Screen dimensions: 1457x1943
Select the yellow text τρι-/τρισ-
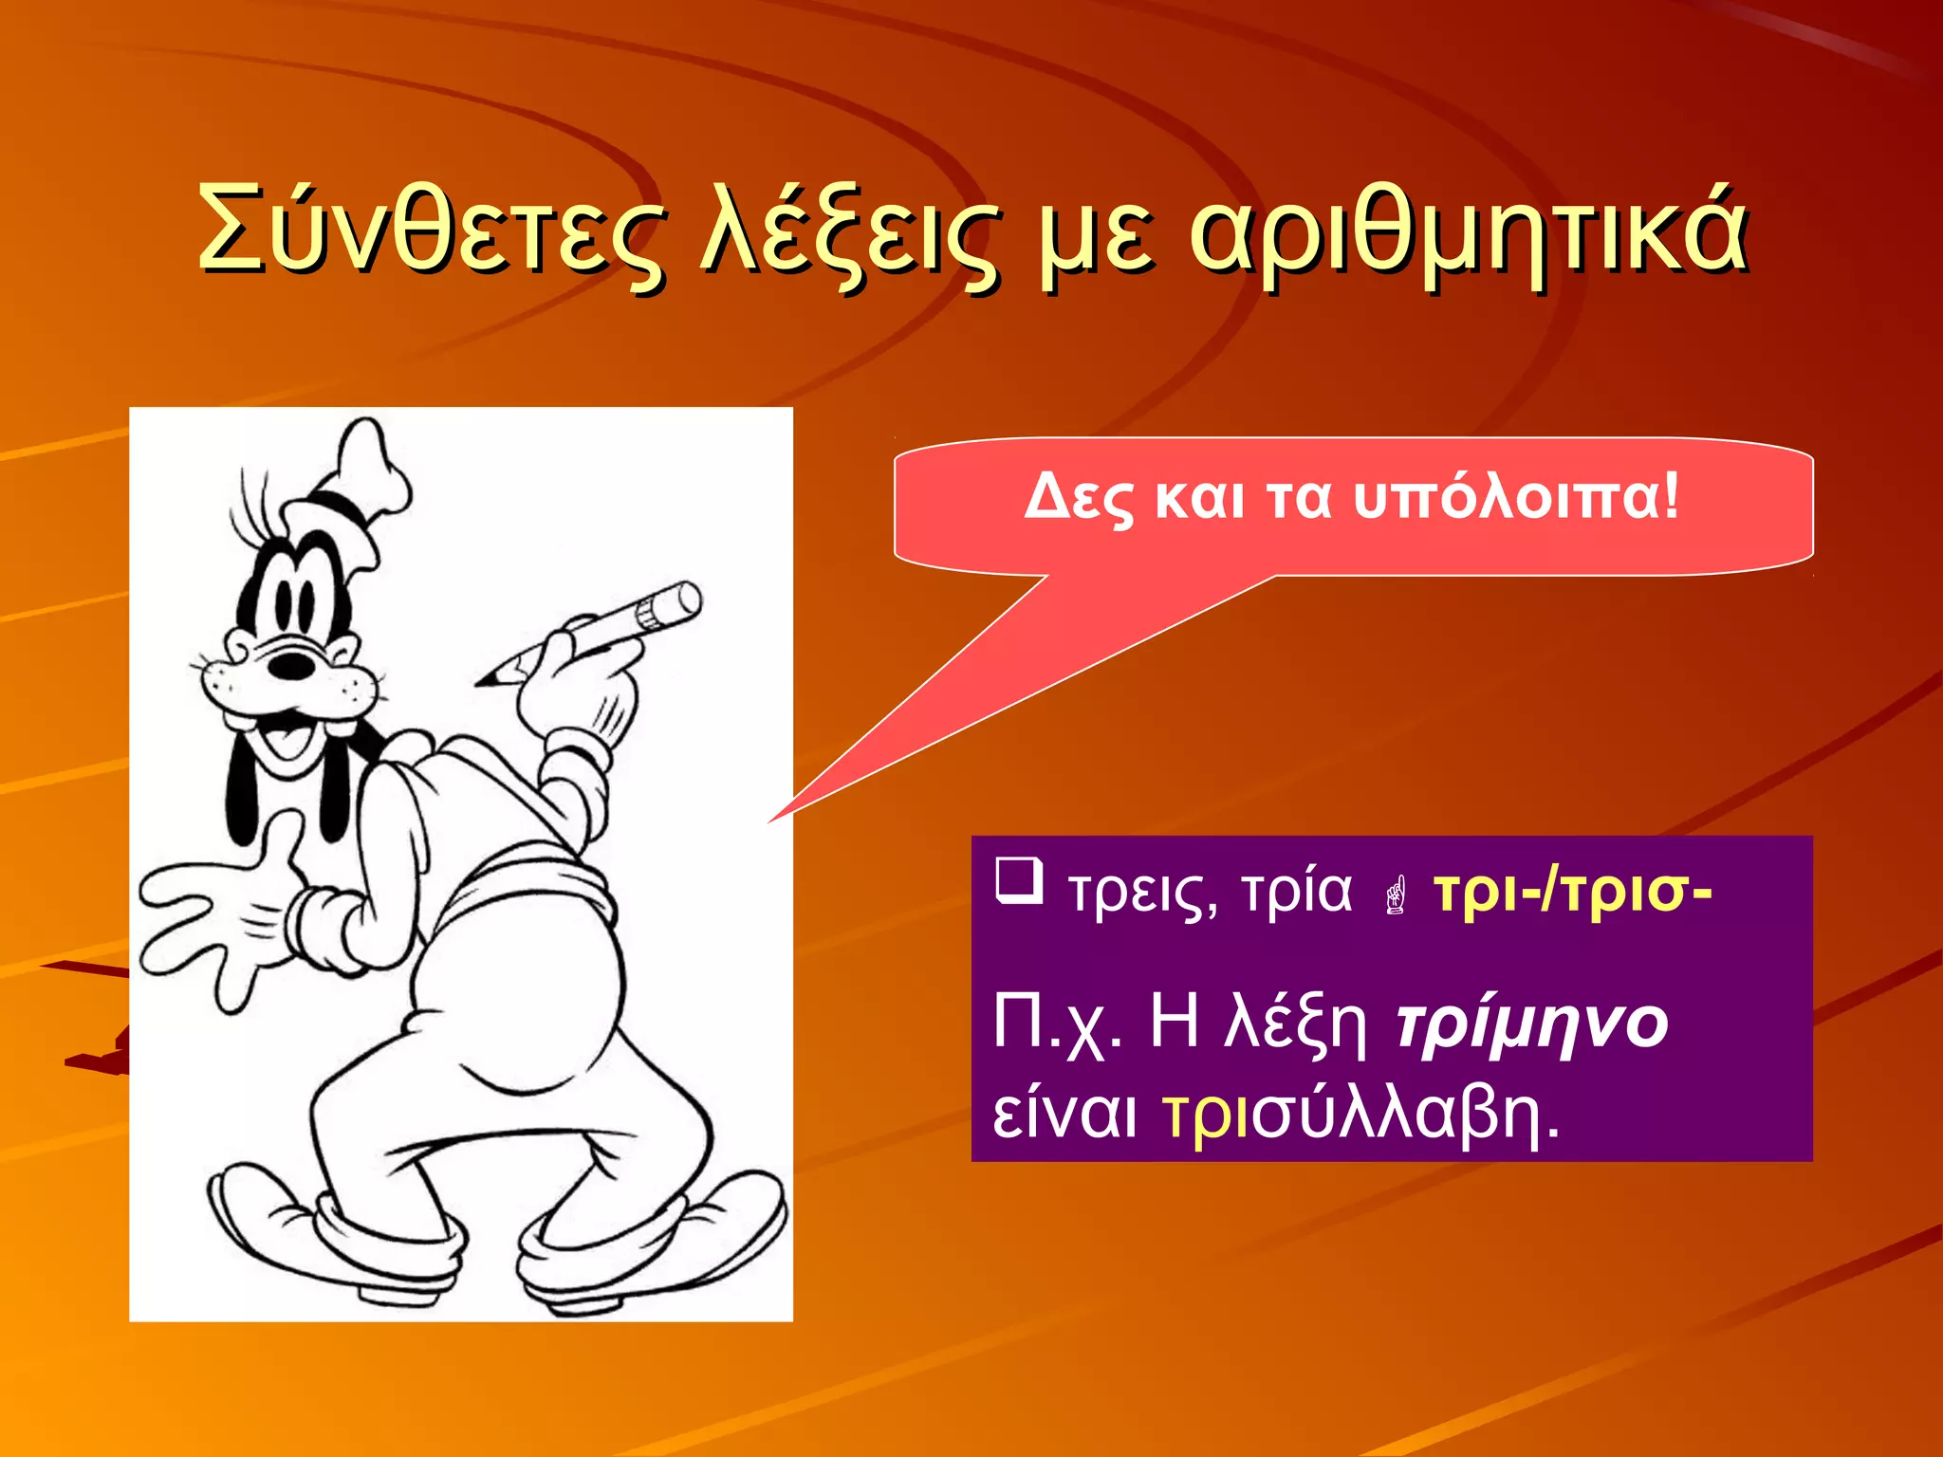click(x=1572, y=892)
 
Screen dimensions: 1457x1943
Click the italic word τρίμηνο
click(x=1531, y=1024)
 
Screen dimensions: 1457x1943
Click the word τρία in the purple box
click(x=1296, y=892)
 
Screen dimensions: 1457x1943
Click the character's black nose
click(x=291, y=665)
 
